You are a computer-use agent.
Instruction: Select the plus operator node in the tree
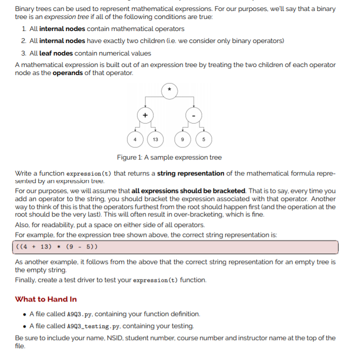(x=145, y=115)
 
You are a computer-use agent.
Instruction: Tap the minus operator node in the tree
(x=194, y=115)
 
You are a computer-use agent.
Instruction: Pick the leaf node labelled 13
(x=155, y=139)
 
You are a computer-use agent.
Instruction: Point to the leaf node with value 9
(x=183, y=139)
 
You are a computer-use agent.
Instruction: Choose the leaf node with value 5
(x=204, y=139)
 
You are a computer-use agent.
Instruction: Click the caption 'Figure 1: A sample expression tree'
(x=169, y=157)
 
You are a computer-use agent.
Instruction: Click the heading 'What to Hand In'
(x=46, y=299)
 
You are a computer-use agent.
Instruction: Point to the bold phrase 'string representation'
(x=190, y=173)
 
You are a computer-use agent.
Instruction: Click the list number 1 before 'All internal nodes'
(x=24, y=29)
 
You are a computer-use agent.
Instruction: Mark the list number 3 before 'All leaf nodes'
(x=24, y=53)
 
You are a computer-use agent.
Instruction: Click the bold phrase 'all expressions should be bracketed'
(x=188, y=191)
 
